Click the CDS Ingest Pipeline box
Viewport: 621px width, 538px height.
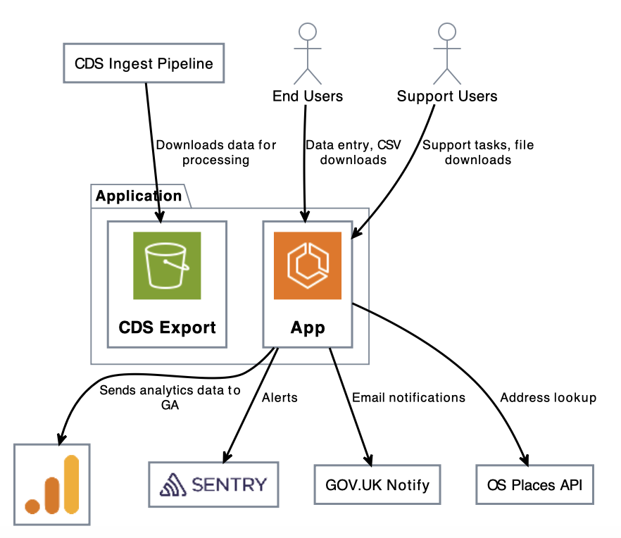tap(144, 64)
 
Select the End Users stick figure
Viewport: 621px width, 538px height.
tap(307, 53)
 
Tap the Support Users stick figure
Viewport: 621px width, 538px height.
tap(446, 53)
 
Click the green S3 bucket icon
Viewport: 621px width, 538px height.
tap(167, 265)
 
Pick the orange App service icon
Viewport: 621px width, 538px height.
tap(307, 265)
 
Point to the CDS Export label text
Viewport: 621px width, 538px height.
tap(167, 327)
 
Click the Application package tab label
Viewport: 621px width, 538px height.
tap(139, 196)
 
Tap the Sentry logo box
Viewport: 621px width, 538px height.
tap(213, 484)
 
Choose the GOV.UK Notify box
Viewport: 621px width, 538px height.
tap(377, 484)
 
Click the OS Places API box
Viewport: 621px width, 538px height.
tap(534, 484)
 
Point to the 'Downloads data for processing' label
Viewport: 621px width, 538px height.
tap(215, 152)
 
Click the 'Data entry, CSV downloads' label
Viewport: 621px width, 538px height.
tap(353, 152)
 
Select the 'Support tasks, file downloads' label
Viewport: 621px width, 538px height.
tap(478, 152)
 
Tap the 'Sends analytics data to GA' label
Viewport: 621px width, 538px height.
tap(170, 397)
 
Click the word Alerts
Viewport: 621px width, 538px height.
tap(280, 397)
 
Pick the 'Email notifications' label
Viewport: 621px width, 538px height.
tap(408, 397)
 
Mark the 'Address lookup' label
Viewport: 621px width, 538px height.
tap(548, 397)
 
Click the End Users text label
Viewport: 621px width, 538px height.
tap(308, 96)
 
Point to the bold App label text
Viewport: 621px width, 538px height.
tap(308, 327)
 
